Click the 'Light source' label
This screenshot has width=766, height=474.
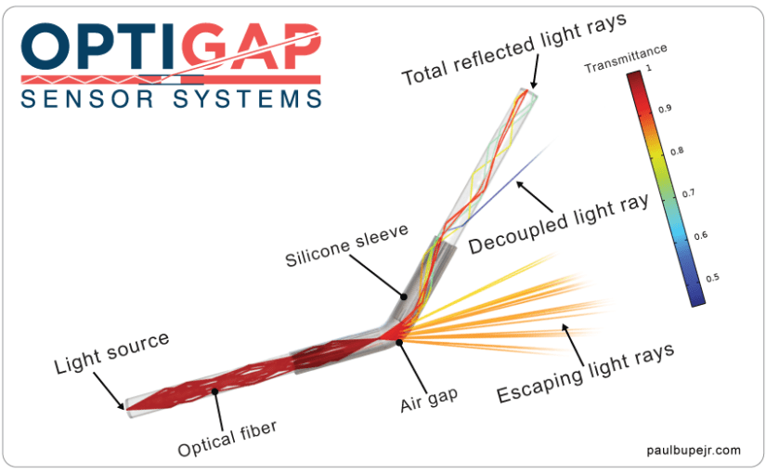tap(111, 352)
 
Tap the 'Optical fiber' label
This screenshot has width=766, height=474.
tap(227, 439)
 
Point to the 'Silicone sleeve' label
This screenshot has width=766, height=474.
tap(346, 245)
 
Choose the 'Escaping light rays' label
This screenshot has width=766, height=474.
tap(585, 373)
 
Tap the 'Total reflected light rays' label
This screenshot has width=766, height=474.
tap(514, 48)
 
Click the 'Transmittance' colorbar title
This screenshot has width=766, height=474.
tap(626, 59)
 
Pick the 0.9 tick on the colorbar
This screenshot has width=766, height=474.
tap(665, 109)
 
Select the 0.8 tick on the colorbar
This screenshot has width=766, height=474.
tap(677, 151)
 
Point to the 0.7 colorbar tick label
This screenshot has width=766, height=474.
tap(688, 193)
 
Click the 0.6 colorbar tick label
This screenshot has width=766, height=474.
tap(700, 236)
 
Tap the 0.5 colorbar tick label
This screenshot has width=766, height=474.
tap(712, 278)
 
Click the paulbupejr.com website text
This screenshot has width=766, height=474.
tap(694, 450)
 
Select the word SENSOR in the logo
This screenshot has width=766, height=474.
tap(87, 99)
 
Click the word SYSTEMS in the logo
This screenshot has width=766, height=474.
tap(247, 99)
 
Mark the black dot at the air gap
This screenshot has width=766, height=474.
tap(399, 342)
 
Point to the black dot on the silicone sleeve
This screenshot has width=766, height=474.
tap(404, 296)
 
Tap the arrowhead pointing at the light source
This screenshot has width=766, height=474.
tap(120, 405)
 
